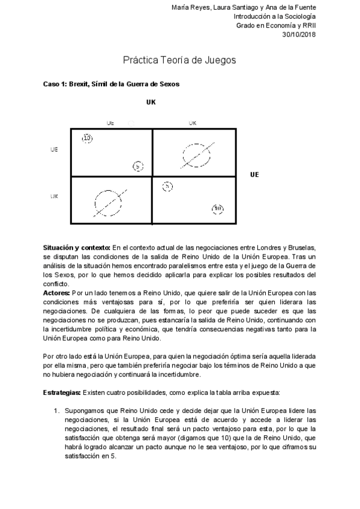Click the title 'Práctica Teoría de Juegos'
pos(179,60)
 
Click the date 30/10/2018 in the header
pos(299,35)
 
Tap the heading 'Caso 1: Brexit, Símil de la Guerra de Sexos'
pos(112,84)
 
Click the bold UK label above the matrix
pos(151,102)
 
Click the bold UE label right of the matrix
pos(254,175)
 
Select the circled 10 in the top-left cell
pos(87,139)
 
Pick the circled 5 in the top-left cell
pos(137,166)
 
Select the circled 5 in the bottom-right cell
pos(167,187)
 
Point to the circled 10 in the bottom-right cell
pos(218,209)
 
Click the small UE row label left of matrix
pos(54,149)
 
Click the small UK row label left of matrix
pos(54,196)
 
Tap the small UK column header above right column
pos(192,123)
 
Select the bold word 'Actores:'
pos(56,292)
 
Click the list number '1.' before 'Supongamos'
pos(57,410)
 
